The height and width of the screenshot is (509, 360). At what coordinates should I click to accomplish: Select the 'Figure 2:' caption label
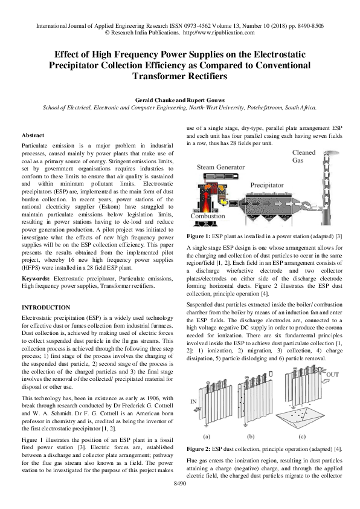[201, 449]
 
